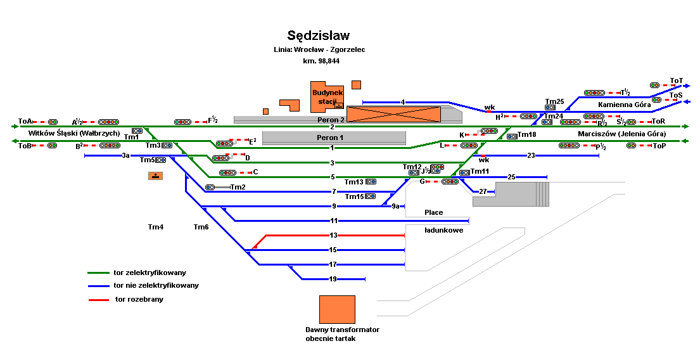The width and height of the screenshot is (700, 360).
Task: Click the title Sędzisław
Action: click(x=318, y=35)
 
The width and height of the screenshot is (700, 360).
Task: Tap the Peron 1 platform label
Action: click(x=330, y=138)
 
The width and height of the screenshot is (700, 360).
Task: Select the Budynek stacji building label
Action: click(x=327, y=97)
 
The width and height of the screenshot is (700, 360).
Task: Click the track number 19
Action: click(x=333, y=279)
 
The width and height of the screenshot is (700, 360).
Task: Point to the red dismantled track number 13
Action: click(x=333, y=235)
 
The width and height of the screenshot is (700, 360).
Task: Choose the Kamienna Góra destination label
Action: click(x=624, y=105)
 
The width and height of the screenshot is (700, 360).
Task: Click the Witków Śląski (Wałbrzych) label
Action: click(x=74, y=134)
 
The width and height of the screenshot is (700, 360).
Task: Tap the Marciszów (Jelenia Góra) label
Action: click(x=621, y=134)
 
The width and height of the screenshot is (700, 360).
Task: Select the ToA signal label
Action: click(x=25, y=121)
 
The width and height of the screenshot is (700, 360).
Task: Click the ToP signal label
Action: click(x=659, y=146)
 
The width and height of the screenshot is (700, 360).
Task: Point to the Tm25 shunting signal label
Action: click(x=554, y=101)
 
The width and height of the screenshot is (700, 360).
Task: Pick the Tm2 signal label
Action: click(x=238, y=187)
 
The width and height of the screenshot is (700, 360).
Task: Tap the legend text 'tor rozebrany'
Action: click(x=139, y=299)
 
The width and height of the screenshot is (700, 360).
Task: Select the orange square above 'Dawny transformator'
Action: click(x=337, y=309)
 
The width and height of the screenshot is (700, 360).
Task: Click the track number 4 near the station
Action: click(x=402, y=101)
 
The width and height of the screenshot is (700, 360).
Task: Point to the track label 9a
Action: click(x=395, y=206)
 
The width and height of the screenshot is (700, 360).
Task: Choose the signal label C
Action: click(x=255, y=172)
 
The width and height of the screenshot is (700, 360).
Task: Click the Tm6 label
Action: click(x=201, y=227)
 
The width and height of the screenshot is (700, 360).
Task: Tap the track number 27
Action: click(x=483, y=191)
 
